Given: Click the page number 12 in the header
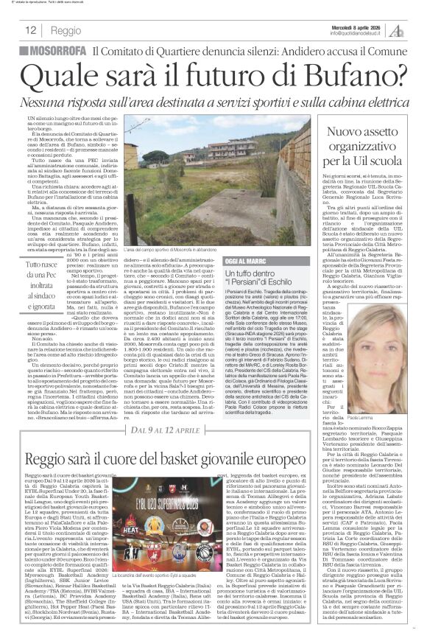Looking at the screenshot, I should pos(30,30).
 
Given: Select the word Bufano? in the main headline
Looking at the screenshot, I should pos(355,72).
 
